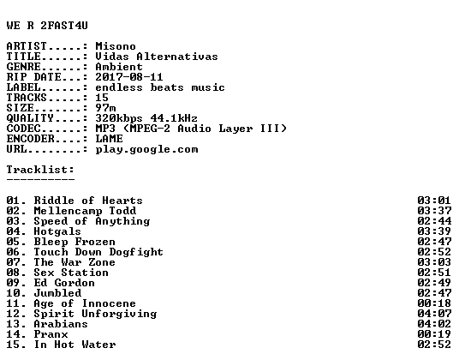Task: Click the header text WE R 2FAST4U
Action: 47,26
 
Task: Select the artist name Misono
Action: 116,46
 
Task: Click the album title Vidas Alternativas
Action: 157,57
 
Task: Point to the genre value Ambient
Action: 119,67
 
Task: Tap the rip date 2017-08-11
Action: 129,77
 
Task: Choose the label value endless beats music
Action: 160,87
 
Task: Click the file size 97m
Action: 105,108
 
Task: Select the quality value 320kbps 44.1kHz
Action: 146,118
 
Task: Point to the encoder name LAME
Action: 110,139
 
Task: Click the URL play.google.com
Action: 146,149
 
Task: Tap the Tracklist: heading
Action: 40,170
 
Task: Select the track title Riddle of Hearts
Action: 88,201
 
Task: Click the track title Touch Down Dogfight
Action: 98,252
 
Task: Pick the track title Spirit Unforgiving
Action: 95,314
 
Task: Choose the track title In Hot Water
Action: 75,345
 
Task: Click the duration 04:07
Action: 434,314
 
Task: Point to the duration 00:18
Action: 434,303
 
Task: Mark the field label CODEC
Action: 23,129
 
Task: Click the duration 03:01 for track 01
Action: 434,201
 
